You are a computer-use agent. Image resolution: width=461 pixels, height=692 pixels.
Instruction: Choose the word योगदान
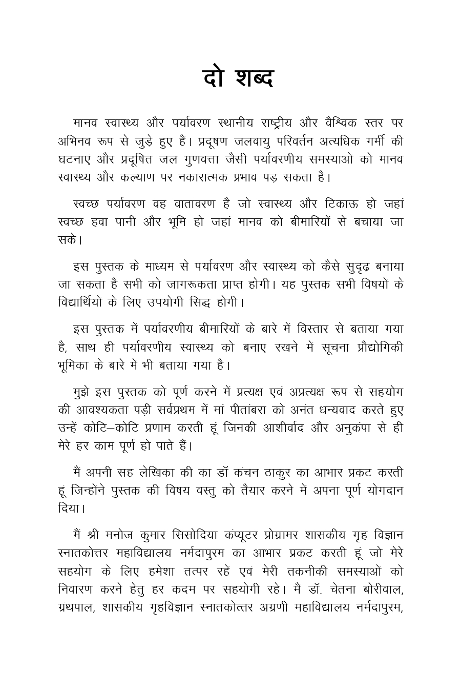point(380,491)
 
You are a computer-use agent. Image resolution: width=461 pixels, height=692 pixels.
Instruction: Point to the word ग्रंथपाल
point(76,608)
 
